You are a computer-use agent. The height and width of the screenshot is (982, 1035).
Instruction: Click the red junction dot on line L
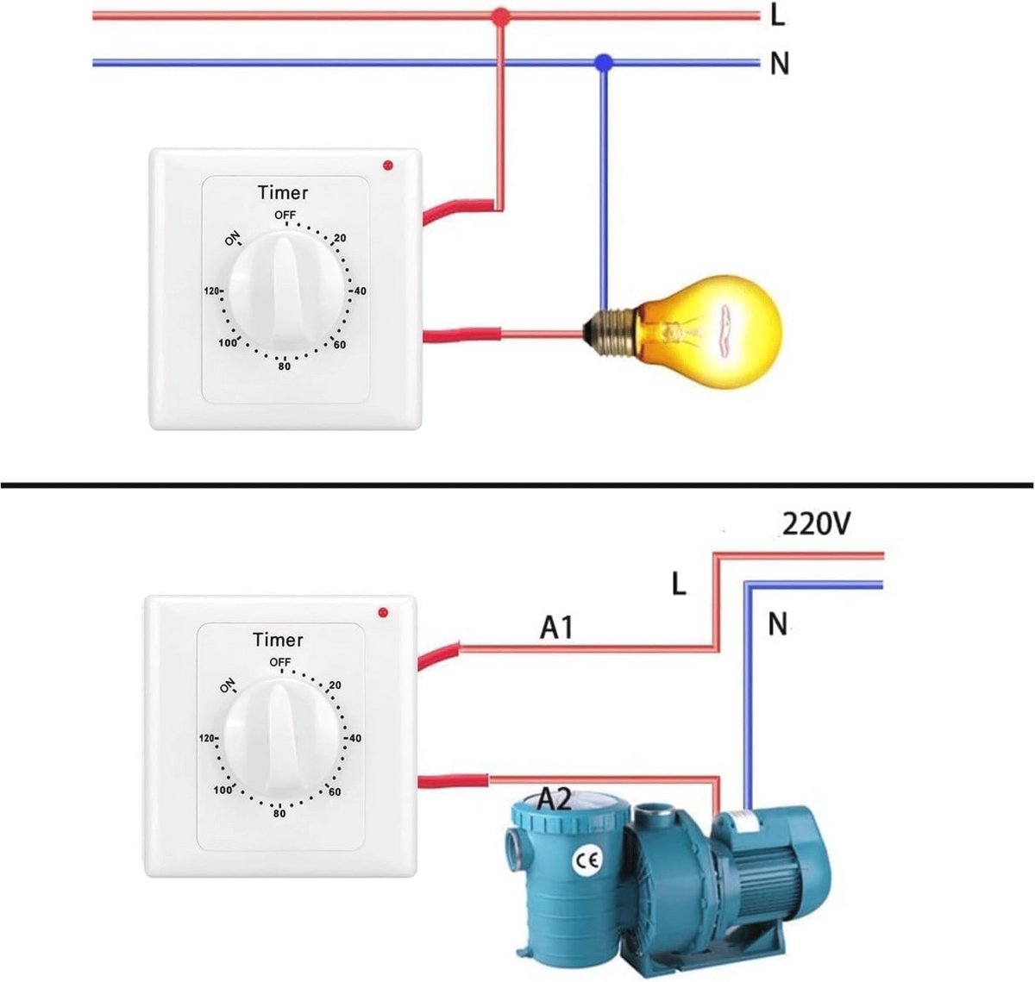[500, 17]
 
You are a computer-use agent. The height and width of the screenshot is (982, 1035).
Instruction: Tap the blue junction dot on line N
[604, 63]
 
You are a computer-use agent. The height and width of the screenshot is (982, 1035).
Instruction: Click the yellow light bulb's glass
[712, 332]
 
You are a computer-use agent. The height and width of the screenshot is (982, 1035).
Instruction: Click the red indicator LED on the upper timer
[388, 166]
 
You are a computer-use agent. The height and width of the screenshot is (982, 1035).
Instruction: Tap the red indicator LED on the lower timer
[383, 613]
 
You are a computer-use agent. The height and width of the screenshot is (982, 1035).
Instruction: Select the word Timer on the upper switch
[283, 192]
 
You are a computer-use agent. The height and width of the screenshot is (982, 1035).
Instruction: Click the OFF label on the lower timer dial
[280, 661]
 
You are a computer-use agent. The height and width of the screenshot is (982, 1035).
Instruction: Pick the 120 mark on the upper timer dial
[211, 291]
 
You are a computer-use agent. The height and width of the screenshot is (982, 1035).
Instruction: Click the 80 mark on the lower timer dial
[279, 813]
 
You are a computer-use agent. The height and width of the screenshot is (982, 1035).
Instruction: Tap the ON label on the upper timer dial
[232, 239]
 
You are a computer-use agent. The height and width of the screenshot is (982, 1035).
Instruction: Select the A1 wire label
[556, 628]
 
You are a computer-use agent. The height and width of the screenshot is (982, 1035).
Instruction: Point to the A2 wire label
[555, 800]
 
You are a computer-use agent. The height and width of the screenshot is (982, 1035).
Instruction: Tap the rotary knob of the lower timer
[280, 736]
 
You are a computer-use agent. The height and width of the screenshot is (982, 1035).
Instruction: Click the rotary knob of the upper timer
[285, 289]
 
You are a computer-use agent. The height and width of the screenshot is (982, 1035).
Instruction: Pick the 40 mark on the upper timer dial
[360, 291]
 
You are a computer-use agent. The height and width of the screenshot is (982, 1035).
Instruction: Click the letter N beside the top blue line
[780, 64]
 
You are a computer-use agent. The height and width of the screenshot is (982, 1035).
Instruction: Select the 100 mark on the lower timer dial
[223, 790]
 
